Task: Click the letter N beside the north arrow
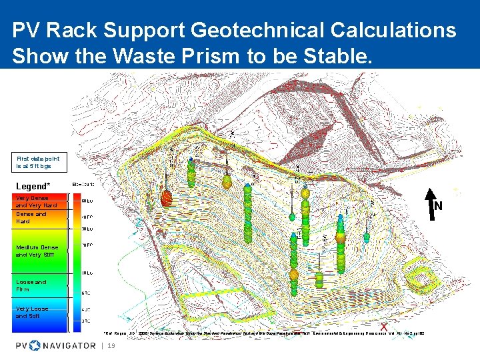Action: click(438, 206)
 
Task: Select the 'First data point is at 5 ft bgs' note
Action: click(38, 161)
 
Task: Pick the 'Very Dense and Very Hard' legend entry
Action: click(36, 201)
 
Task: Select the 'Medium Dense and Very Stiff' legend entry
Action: click(36, 251)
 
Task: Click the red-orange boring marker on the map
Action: click(167, 197)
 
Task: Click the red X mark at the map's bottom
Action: click(384, 325)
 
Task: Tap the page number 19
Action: click(111, 346)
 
